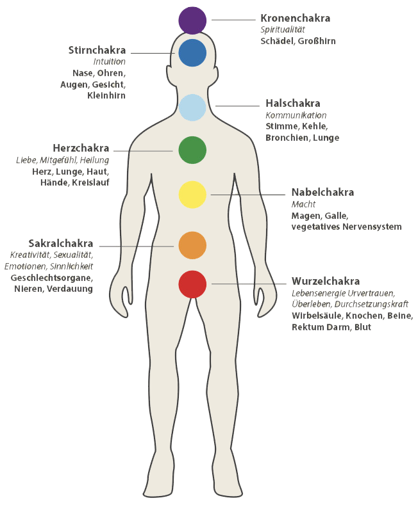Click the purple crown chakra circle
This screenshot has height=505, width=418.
click(192, 20)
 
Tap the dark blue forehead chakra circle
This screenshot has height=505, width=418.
click(192, 53)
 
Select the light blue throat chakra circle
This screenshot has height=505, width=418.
click(192, 108)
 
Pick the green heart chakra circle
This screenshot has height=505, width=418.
click(192, 150)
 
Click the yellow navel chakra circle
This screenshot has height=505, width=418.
click(192, 195)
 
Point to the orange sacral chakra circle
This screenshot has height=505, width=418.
click(192, 245)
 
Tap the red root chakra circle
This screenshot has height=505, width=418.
click(192, 284)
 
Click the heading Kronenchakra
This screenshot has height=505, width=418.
click(296, 18)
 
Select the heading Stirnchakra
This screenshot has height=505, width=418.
click(97, 50)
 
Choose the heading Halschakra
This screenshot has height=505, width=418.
click(293, 104)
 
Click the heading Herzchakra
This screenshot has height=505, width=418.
click(81, 148)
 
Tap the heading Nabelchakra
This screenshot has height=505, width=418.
click(323, 192)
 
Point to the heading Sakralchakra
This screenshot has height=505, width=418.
click(61, 243)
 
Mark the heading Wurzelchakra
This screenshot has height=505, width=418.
click(326, 281)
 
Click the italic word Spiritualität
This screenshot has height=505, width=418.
click(283, 30)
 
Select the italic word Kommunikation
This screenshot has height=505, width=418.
click(296, 115)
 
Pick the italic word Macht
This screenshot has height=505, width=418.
click(303, 204)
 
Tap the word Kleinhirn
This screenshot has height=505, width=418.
click(106, 95)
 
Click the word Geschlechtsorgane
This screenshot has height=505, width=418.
click(51, 278)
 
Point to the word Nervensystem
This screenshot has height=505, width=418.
click(372, 227)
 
